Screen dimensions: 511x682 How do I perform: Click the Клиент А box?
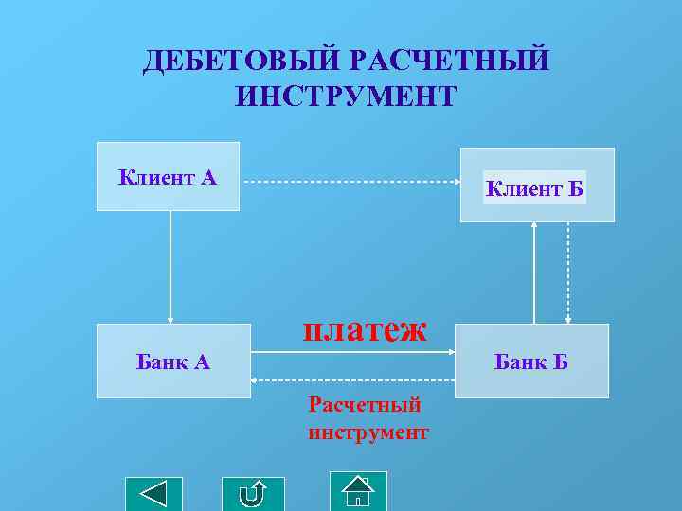tap(168, 176)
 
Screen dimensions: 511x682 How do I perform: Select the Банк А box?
tap(172, 361)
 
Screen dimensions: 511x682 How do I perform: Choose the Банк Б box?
tap(531, 361)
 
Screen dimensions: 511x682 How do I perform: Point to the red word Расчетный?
tap(365, 405)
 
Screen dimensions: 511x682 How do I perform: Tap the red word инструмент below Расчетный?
tap(368, 432)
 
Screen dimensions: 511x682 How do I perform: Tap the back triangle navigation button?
tap(153, 495)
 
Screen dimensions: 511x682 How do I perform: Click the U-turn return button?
tap(253, 495)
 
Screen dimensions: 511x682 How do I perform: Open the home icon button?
tap(358, 491)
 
